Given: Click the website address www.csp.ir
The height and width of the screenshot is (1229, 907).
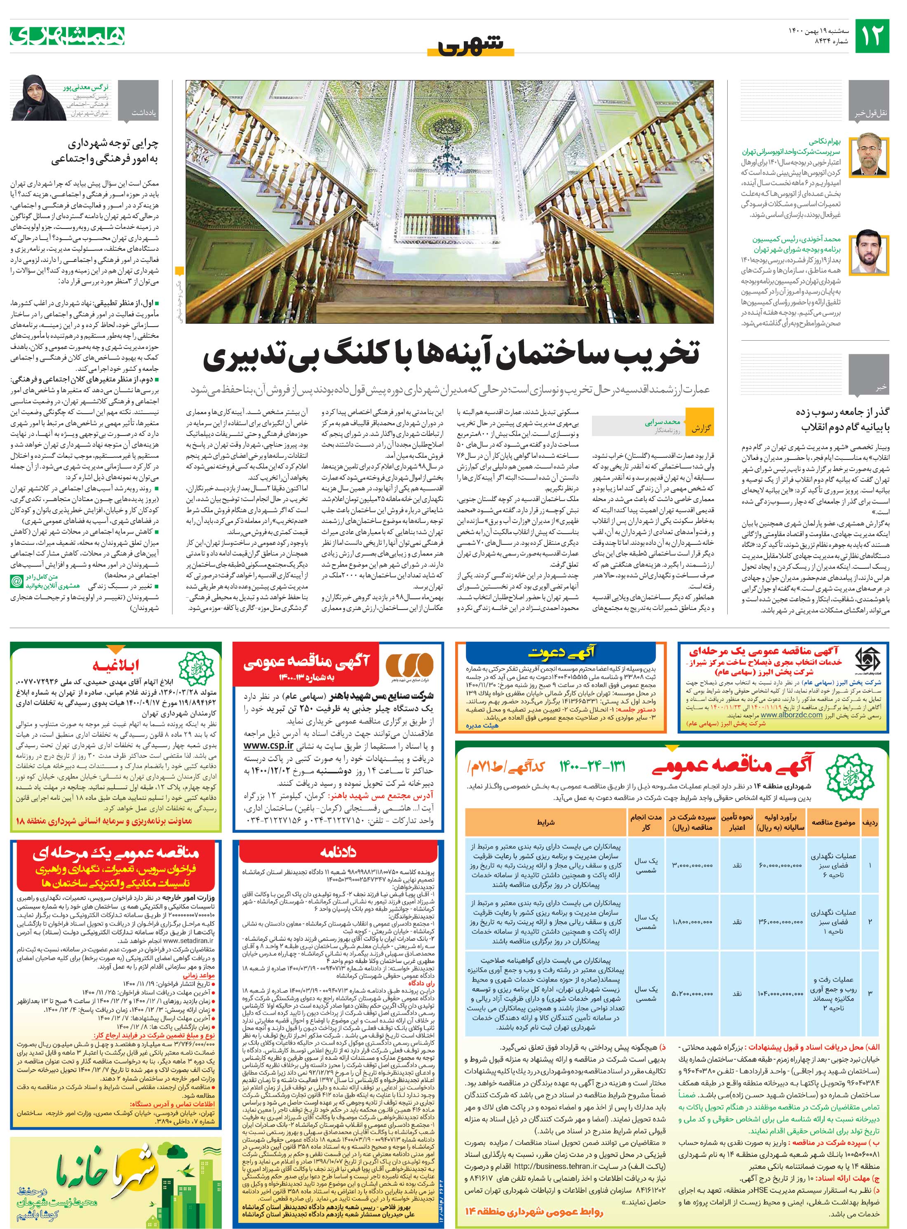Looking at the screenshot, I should coord(268,747).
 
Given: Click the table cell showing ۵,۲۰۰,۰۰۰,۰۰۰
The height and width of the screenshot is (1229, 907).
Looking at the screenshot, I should coord(692,994).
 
